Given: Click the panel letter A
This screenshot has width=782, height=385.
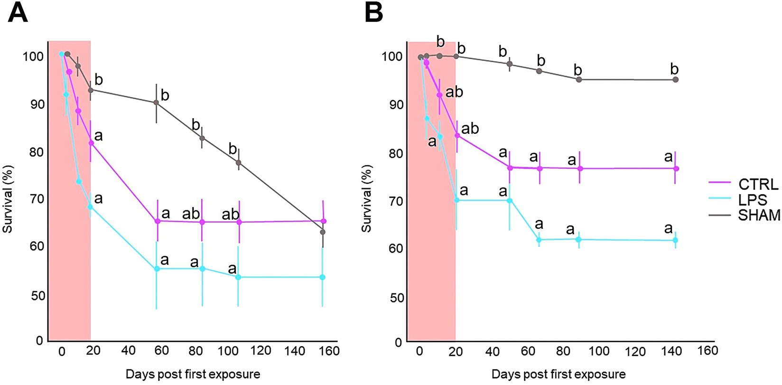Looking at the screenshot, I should (x=18, y=13).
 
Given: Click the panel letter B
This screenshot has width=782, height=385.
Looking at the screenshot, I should (x=373, y=13).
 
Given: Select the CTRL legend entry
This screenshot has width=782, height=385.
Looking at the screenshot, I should (x=758, y=184).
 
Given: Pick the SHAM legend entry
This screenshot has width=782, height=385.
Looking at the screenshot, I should (x=759, y=215).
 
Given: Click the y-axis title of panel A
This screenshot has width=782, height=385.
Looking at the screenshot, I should (x=8, y=199).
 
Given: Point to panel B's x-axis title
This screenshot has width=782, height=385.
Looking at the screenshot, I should (x=558, y=374).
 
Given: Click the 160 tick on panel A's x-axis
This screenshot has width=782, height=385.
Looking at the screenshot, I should (x=329, y=351).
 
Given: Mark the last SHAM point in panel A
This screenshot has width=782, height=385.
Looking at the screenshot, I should (x=323, y=232).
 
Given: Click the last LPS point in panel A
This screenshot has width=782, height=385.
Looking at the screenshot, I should (x=323, y=277).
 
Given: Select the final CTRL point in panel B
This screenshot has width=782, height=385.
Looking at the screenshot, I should (x=676, y=169).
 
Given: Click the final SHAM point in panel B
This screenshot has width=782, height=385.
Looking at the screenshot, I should (x=676, y=80).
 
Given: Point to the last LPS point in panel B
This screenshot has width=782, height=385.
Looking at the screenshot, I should (x=676, y=240).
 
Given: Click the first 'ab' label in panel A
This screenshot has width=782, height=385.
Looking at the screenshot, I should (x=191, y=214).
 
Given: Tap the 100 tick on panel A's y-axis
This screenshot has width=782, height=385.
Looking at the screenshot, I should (x=34, y=56).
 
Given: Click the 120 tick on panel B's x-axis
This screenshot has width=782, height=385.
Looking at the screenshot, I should (x=635, y=352).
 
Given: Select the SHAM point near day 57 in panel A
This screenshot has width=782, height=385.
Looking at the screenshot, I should (x=156, y=103).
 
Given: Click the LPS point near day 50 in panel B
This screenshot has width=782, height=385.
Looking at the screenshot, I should (x=510, y=200).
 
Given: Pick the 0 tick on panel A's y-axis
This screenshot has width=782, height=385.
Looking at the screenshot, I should (x=39, y=340).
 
